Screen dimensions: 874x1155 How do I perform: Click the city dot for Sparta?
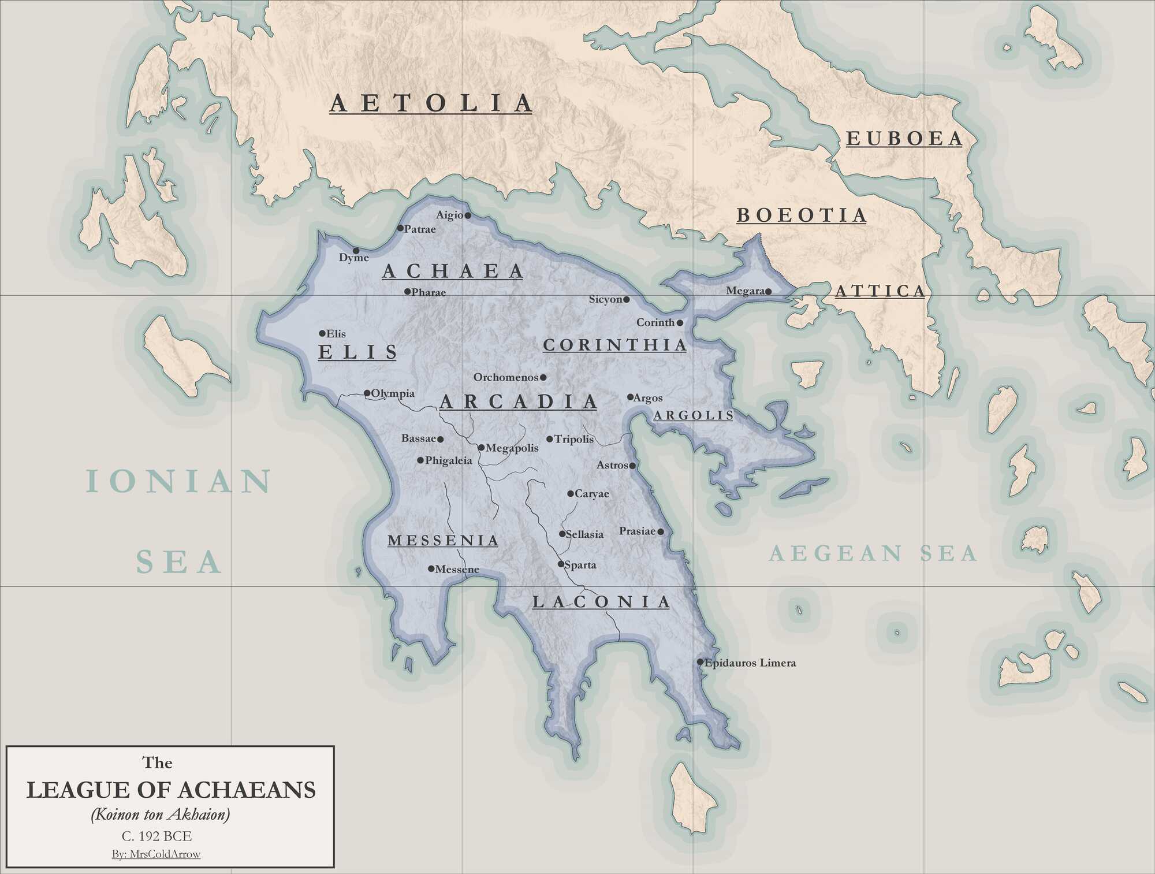point(560,564)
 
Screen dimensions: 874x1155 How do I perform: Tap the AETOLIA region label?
point(431,103)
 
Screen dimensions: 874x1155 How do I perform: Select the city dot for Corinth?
point(680,323)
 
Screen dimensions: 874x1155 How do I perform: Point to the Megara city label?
point(745,291)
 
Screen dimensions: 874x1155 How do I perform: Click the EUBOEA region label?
point(904,139)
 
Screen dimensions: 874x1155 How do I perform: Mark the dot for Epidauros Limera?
point(700,662)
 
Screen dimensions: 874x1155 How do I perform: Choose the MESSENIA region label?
point(443,541)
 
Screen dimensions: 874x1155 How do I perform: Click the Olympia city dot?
point(367,393)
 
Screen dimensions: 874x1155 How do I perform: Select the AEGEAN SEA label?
point(873,553)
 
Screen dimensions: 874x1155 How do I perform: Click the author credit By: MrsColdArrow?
point(157,854)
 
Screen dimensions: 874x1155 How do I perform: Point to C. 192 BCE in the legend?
point(157,836)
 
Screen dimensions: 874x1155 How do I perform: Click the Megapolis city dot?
point(481,447)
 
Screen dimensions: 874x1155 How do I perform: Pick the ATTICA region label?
point(880,291)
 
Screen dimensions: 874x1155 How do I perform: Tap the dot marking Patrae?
point(400,228)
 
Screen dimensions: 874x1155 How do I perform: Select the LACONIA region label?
point(601,602)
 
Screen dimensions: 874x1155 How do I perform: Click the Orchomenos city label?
point(505,377)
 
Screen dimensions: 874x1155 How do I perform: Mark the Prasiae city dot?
point(661,531)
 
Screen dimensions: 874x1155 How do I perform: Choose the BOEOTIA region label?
point(802,215)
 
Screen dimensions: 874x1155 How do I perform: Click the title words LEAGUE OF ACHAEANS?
point(171,790)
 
